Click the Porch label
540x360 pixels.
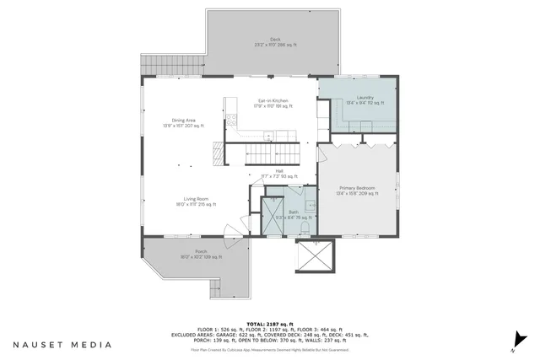[201, 253]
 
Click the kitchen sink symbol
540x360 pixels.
[268, 135]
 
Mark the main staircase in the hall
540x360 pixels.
[273, 153]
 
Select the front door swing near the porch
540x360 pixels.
[233, 230]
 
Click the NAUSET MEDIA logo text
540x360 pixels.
[61, 344]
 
